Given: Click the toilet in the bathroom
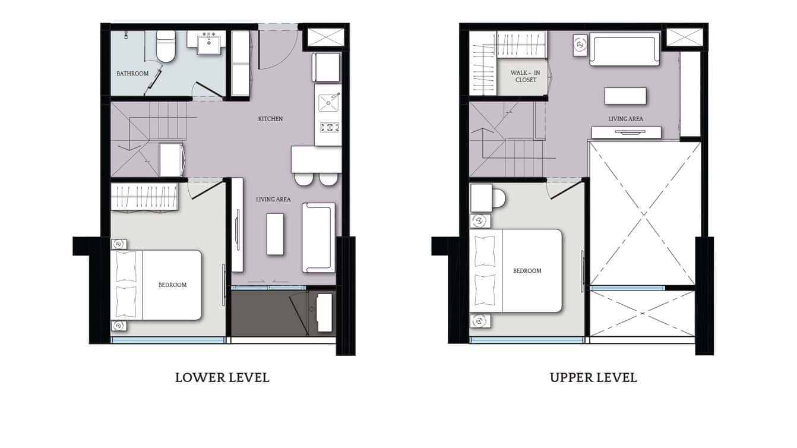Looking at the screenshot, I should pyautogui.click(x=166, y=47).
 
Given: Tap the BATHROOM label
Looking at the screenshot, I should pyautogui.click(x=132, y=74).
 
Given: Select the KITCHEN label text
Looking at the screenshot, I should pyautogui.click(x=270, y=119).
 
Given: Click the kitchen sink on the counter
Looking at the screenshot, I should pyautogui.click(x=328, y=102).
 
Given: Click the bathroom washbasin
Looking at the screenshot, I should pyautogui.click(x=208, y=42).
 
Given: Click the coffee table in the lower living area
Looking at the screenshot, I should pyautogui.click(x=276, y=234).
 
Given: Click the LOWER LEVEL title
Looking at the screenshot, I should pyautogui.click(x=222, y=377).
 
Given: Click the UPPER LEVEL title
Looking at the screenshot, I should pyautogui.click(x=593, y=377).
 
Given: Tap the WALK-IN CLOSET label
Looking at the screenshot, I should pyautogui.click(x=525, y=76).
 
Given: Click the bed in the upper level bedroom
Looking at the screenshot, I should pyautogui.click(x=517, y=271).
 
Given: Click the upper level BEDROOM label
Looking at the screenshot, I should pyautogui.click(x=527, y=271).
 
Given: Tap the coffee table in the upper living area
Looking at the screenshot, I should pyautogui.click(x=625, y=96).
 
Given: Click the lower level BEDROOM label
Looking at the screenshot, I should pyautogui.click(x=172, y=285).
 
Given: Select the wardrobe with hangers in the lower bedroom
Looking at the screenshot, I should pyautogui.click(x=145, y=197).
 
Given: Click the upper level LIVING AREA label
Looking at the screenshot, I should pyautogui.click(x=625, y=119).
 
